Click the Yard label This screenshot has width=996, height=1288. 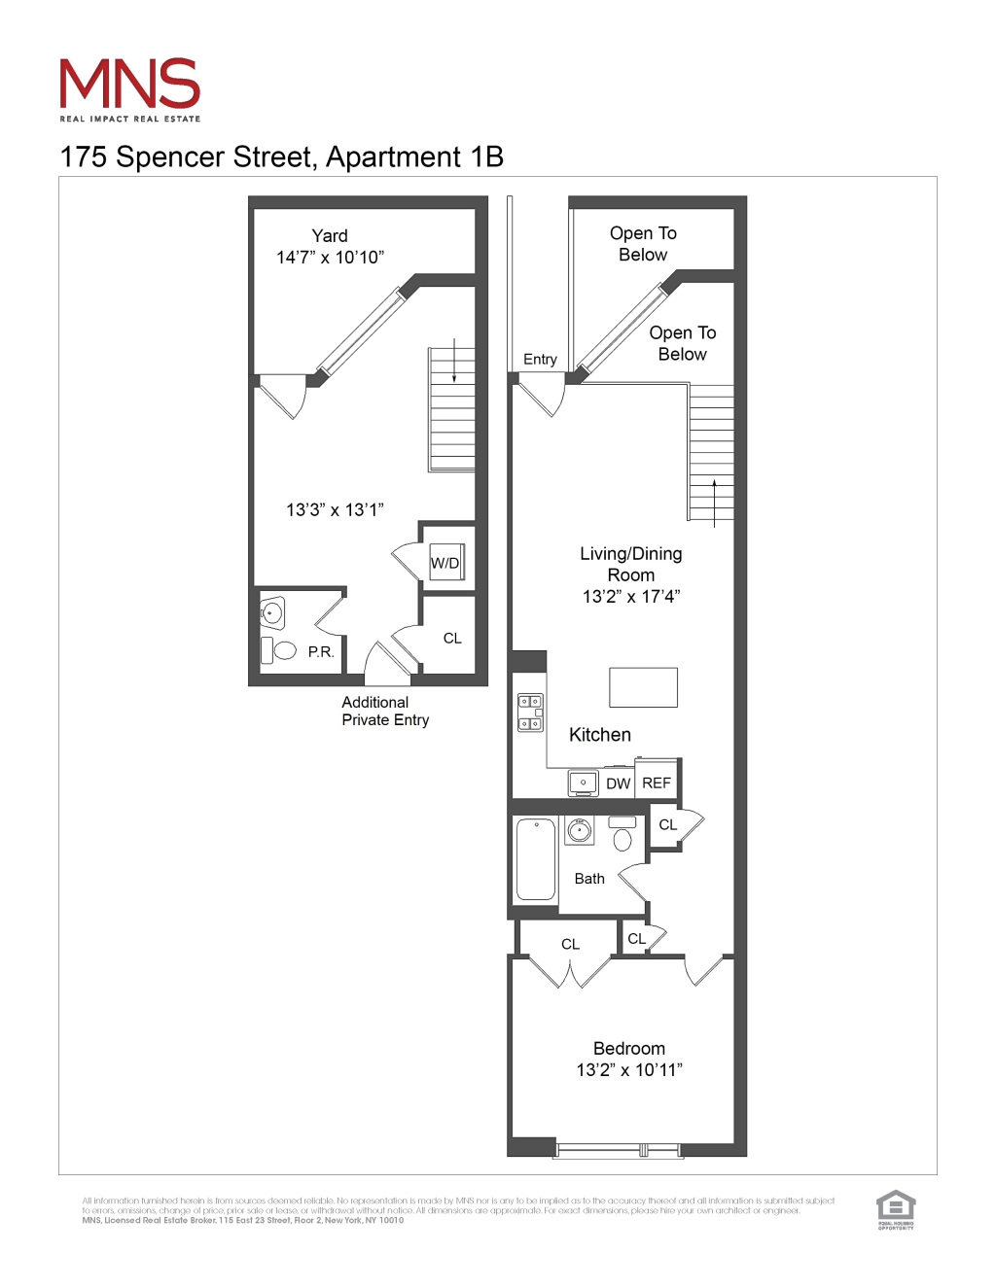tap(330, 236)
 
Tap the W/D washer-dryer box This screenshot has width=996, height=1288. tap(446, 563)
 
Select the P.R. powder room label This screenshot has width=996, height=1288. tap(321, 652)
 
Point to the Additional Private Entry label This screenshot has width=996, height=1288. tap(385, 712)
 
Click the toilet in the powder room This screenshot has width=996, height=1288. tap(283, 649)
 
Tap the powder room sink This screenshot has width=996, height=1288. tap(272, 612)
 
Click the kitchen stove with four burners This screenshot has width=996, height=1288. tap(530, 713)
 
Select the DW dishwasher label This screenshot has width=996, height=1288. tap(619, 783)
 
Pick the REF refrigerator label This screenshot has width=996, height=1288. tap(657, 783)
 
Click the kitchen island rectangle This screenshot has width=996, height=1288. tap(643, 687)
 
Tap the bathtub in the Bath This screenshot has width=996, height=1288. tap(536, 859)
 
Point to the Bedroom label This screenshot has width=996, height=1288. tap(629, 1049)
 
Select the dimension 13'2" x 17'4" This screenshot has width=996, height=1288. tap(631, 597)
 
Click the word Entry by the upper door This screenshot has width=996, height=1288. tap(540, 360)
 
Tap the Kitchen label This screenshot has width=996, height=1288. tap(600, 735)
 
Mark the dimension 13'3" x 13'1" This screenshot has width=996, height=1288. tap(335, 510)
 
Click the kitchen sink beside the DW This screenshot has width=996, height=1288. tap(583, 783)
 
